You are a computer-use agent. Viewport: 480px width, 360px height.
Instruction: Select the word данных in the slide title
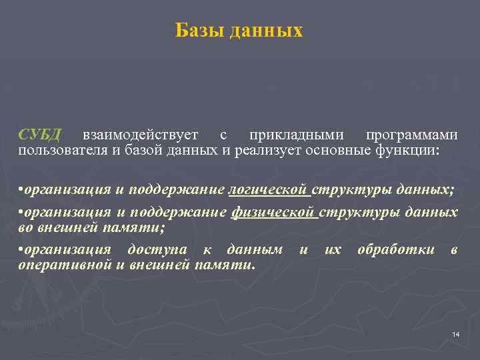[266, 31]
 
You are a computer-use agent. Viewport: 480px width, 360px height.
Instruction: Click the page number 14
[456, 334]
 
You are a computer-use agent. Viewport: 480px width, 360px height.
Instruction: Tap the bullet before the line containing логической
[21, 191]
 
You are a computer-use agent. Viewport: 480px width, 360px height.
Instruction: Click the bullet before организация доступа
[21, 251]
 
